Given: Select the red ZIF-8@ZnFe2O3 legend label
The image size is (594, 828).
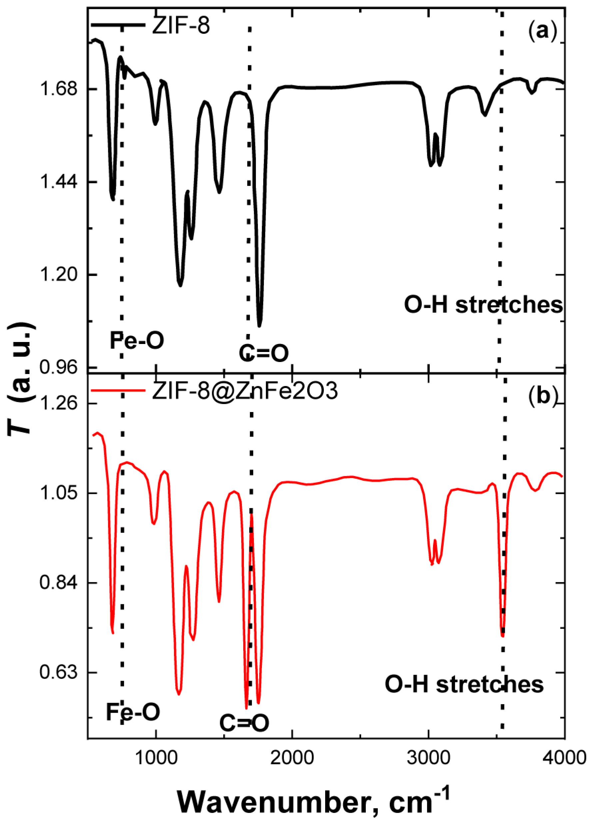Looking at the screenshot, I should (x=245, y=391).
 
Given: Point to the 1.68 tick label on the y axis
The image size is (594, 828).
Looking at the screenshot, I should (x=59, y=89).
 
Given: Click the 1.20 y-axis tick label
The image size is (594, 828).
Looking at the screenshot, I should (x=59, y=275).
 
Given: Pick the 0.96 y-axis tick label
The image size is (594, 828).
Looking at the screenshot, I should (x=59, y=367).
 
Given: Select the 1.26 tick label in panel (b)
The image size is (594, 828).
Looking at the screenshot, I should (x=59, y=403).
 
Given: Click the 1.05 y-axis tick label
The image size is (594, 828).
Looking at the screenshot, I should (x=59, y=493).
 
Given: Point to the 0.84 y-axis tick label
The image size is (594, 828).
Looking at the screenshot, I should (x=59, y=583).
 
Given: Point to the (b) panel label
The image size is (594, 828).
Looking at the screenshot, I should (x=543, y=396).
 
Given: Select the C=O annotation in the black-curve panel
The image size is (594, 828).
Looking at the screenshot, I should (x=264, y=353).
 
